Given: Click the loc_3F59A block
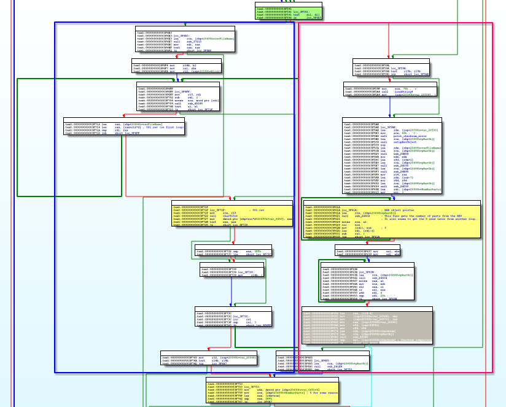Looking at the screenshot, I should click(391, 69).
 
